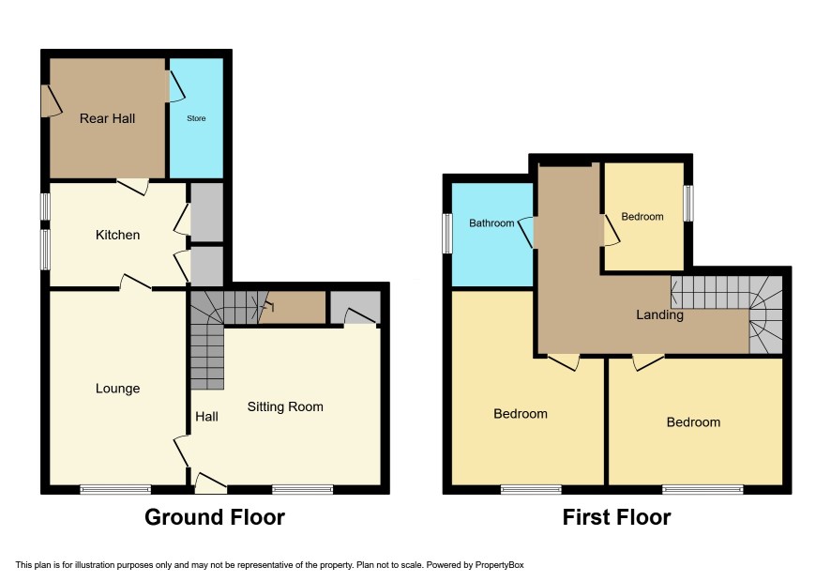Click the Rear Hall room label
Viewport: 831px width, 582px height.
(x=107, y=118)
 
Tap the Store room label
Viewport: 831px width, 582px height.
(x=196, y=118)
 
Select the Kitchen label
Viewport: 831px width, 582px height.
(x=117, y=235)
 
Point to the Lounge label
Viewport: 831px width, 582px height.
(x=117, y=389)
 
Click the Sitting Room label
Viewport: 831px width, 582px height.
(x=285, y=406)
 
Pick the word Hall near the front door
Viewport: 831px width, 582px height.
(x=206, y=417)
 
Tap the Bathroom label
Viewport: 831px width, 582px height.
(x=491, y=223)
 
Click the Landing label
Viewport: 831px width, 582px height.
(x=659, y=314)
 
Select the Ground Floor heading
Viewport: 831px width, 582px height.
(x=215, y=517)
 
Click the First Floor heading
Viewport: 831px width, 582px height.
(x=616, y=517)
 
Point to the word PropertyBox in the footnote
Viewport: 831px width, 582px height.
(x=499, y=565)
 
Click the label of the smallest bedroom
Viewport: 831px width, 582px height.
(x=642, y=217)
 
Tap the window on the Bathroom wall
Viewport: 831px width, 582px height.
(x=447, y=234)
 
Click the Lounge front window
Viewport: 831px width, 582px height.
(x=115, y=490)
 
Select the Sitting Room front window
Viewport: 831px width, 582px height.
(x=303, y=490)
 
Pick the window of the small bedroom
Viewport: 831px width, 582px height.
(x=688, y=203)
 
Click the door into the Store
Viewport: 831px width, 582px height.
(x=176, y=86)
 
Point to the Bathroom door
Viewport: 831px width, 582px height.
(x=527, y=233)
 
